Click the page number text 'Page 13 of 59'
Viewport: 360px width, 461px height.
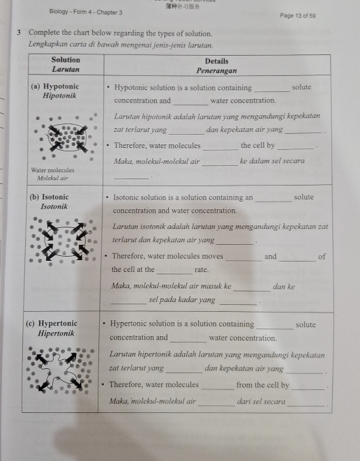click(x=297, y=15)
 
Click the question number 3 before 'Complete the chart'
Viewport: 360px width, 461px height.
click(x=20, y=33)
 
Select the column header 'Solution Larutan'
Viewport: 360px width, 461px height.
click(x=66, y=65)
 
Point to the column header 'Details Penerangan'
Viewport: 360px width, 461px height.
click(x=217, y=66)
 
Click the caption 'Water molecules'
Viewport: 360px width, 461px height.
click(x=52, y=170)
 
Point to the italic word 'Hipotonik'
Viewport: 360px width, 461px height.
click(x=59, y=96)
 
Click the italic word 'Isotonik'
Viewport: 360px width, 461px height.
click(x=54, y=206)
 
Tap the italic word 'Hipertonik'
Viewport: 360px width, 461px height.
click(x=56, y=333)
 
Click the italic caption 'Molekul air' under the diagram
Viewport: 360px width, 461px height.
click(x=52, y=178)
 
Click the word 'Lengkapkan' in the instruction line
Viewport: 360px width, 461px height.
click(x=47, y=43)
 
